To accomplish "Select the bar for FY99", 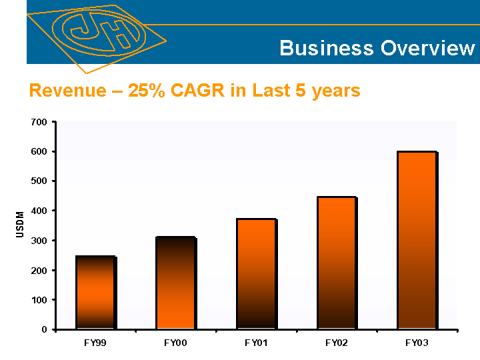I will click(x=96, y=292).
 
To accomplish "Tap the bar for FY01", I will click(x=256, y=273).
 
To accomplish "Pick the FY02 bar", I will click(x=337, y=263).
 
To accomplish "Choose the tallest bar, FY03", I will click(x=417, y=240).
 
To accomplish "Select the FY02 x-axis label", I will click(x=335, y=343).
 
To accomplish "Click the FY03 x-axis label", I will click(x=416, y=343).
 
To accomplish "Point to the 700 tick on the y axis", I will click(x=39, y=123).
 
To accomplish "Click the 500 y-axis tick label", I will click(x=39, y=181).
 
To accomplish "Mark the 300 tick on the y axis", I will click(x=39, y=241).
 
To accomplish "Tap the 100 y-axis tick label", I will click(x=39, y=300).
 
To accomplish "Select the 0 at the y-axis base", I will click(x=44, y=329).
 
